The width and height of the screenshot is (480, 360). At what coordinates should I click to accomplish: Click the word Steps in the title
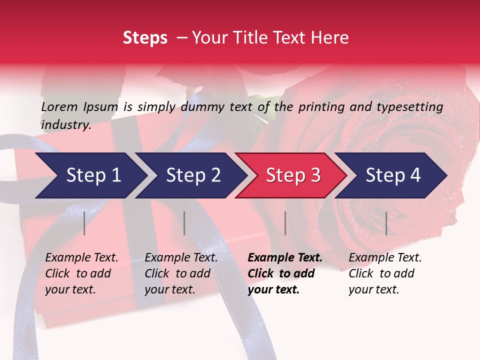coord(145,38)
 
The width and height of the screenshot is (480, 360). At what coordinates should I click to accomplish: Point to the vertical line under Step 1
coord(84,223)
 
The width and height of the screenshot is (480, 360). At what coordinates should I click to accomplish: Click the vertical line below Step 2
coord(184,223)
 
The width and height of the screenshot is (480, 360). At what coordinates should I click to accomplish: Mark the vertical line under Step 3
coord(285,223)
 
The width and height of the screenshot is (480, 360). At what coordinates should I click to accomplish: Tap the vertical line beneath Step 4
coord(386,223)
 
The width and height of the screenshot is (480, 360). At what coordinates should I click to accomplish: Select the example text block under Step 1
coord(81,273)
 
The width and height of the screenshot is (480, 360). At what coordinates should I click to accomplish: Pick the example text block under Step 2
coord(181,273)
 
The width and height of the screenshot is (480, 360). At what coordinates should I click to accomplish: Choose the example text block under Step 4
coord(385,273)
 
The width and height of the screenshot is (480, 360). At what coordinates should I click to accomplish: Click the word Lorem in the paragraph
coord(59,106)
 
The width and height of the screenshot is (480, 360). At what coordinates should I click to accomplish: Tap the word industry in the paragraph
coord(65,124)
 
